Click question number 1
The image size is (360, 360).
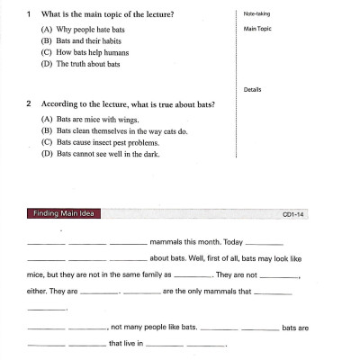tap(30, 14)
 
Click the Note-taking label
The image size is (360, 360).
tap(256, 14)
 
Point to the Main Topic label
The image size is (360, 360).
tap(257, 30)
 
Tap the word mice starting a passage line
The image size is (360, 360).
tap(36, 276)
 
